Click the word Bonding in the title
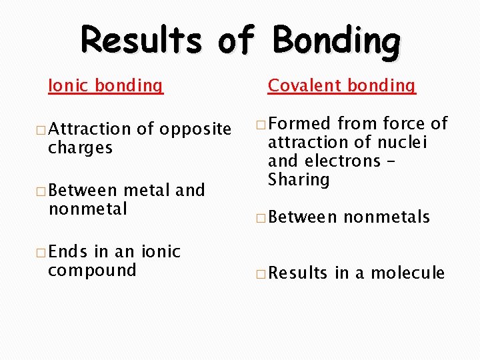337,41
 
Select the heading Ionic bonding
105,86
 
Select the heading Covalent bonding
341,86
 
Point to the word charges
80,147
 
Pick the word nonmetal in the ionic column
87,209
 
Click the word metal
145,191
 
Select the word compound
92,271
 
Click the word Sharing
299,180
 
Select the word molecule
407,273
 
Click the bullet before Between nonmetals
260,217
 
